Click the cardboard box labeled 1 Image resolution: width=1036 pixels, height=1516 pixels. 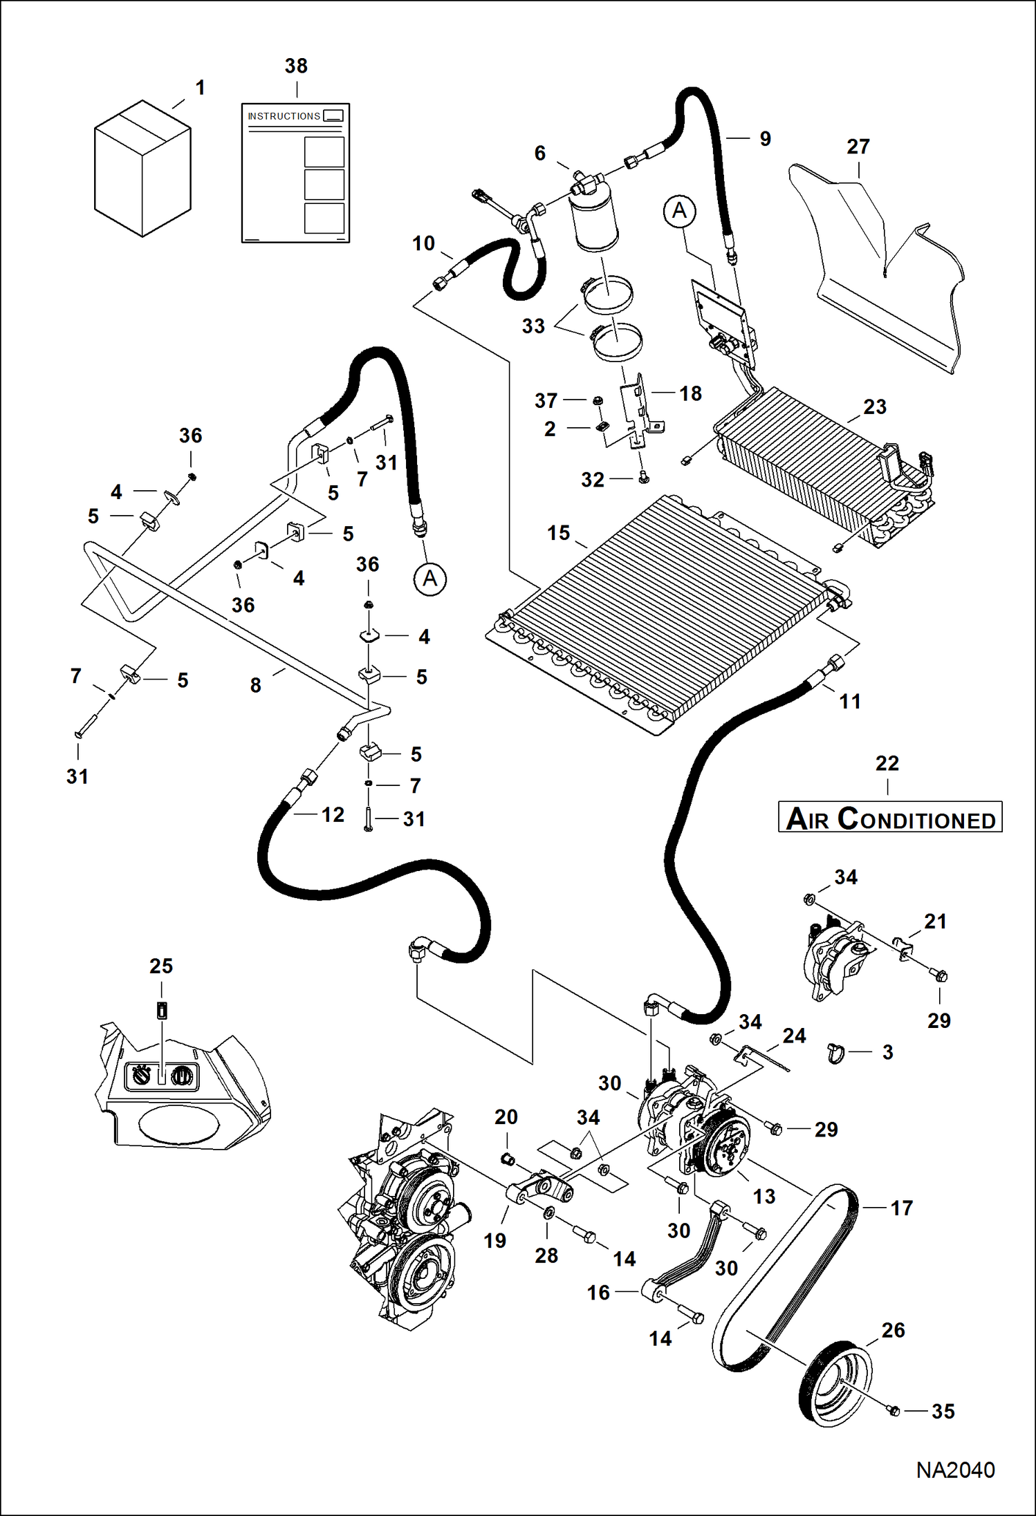[x=142, y=169]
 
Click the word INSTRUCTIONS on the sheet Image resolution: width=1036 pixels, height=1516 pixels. [x=284, y=116]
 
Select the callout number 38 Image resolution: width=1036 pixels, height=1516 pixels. [x=296, y=66]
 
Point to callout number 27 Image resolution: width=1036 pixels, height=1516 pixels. [x=858, y=147]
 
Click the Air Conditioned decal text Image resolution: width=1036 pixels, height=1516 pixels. [x=890, y=818]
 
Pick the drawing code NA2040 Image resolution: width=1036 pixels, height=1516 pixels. [x=955, y=1469]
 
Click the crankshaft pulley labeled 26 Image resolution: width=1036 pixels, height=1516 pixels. [x=835, y=1383]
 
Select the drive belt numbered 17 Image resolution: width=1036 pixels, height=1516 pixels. [x=785, y=1279]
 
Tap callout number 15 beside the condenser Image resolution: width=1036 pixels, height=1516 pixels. [x=558, y=533]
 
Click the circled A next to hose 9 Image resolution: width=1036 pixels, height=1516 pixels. [x=679, y=210]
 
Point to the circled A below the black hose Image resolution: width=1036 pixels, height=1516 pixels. [x=429, y=579]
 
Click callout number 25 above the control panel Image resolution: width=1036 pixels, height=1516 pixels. [x=161, y=966]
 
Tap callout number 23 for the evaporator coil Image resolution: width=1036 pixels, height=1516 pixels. [x=874, y=406]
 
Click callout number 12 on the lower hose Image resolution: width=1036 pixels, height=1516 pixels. [x=333, y=814]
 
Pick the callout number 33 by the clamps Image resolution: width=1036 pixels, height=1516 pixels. [x=533, y=326]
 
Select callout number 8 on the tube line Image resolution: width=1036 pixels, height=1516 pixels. [x=255, y=685]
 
